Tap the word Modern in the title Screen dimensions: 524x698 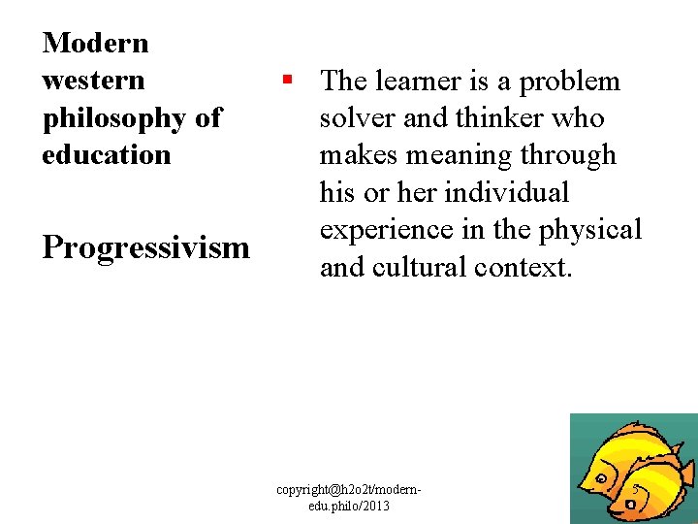click(x=96, y=43)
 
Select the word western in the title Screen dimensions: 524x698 click(x=93, y=80)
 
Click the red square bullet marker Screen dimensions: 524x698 click(x=288, y=79)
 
